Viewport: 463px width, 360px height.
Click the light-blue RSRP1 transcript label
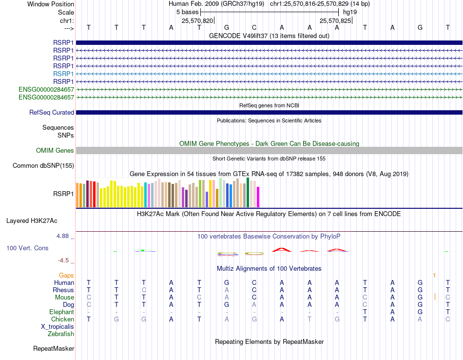point(63,74)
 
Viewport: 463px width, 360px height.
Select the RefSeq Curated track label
point(52,113)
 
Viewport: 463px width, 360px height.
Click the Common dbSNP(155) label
point(43,166)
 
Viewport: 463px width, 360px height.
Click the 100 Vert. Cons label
point(27,248)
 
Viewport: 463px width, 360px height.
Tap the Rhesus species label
point(63,290)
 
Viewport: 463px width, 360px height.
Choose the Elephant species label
point(61,312)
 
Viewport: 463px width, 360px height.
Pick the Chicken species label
point(62,320)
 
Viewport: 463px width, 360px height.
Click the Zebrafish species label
point(61,334)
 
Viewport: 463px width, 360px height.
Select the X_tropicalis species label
point(58,327)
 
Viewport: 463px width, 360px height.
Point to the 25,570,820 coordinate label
point(197,21)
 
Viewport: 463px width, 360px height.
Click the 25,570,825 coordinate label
point(335,21)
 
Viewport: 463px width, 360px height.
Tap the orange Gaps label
point(66,276)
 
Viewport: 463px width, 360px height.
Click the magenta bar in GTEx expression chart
point(258,197)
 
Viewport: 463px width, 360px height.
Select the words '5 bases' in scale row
point(187,12)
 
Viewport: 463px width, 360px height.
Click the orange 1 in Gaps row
point(434,276)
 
